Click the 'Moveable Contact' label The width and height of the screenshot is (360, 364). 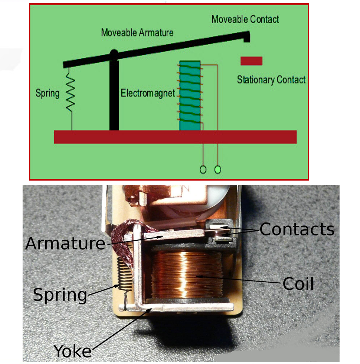(x=245, y=19)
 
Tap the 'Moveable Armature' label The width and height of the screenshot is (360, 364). (x=137, y=33)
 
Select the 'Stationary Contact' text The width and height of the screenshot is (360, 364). (x=271, y=79)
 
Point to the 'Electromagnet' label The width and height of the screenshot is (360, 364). (x=148, y=94)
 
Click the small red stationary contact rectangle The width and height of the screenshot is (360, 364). (x=251, y=61)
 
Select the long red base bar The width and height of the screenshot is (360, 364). (x=175, y=137)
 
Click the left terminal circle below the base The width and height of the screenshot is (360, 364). (x=203, y=169)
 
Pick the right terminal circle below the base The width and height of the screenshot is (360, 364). (x=217, y=169)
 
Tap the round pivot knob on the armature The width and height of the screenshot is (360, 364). (x=114, y=53)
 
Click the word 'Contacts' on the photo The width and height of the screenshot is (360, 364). (x=297, y=229)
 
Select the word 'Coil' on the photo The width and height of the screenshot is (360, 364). (x=298, y=284)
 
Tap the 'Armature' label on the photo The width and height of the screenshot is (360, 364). (x=65, y=244)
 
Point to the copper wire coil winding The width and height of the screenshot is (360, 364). (x=186, y=274)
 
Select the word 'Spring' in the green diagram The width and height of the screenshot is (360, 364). (x=47, y=94)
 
